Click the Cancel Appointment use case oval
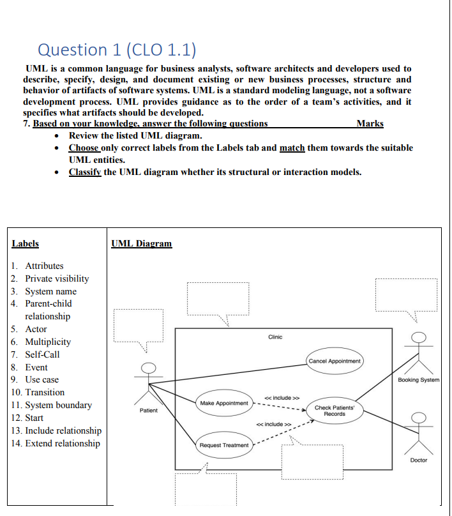(335, 361)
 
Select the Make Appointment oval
(223, 403)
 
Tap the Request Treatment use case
(223, 445)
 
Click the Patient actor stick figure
(148, 380)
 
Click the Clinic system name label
(275, 337)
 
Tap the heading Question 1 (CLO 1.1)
(117, 49)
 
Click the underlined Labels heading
(26, 243)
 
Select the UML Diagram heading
(141, 243)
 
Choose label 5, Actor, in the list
(36, 329)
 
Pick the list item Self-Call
(42, 354)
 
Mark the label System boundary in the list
(58, 405)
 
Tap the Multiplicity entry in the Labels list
(48, 342)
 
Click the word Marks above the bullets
(370, 123)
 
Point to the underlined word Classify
(84, 172)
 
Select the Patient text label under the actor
(148, 411)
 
